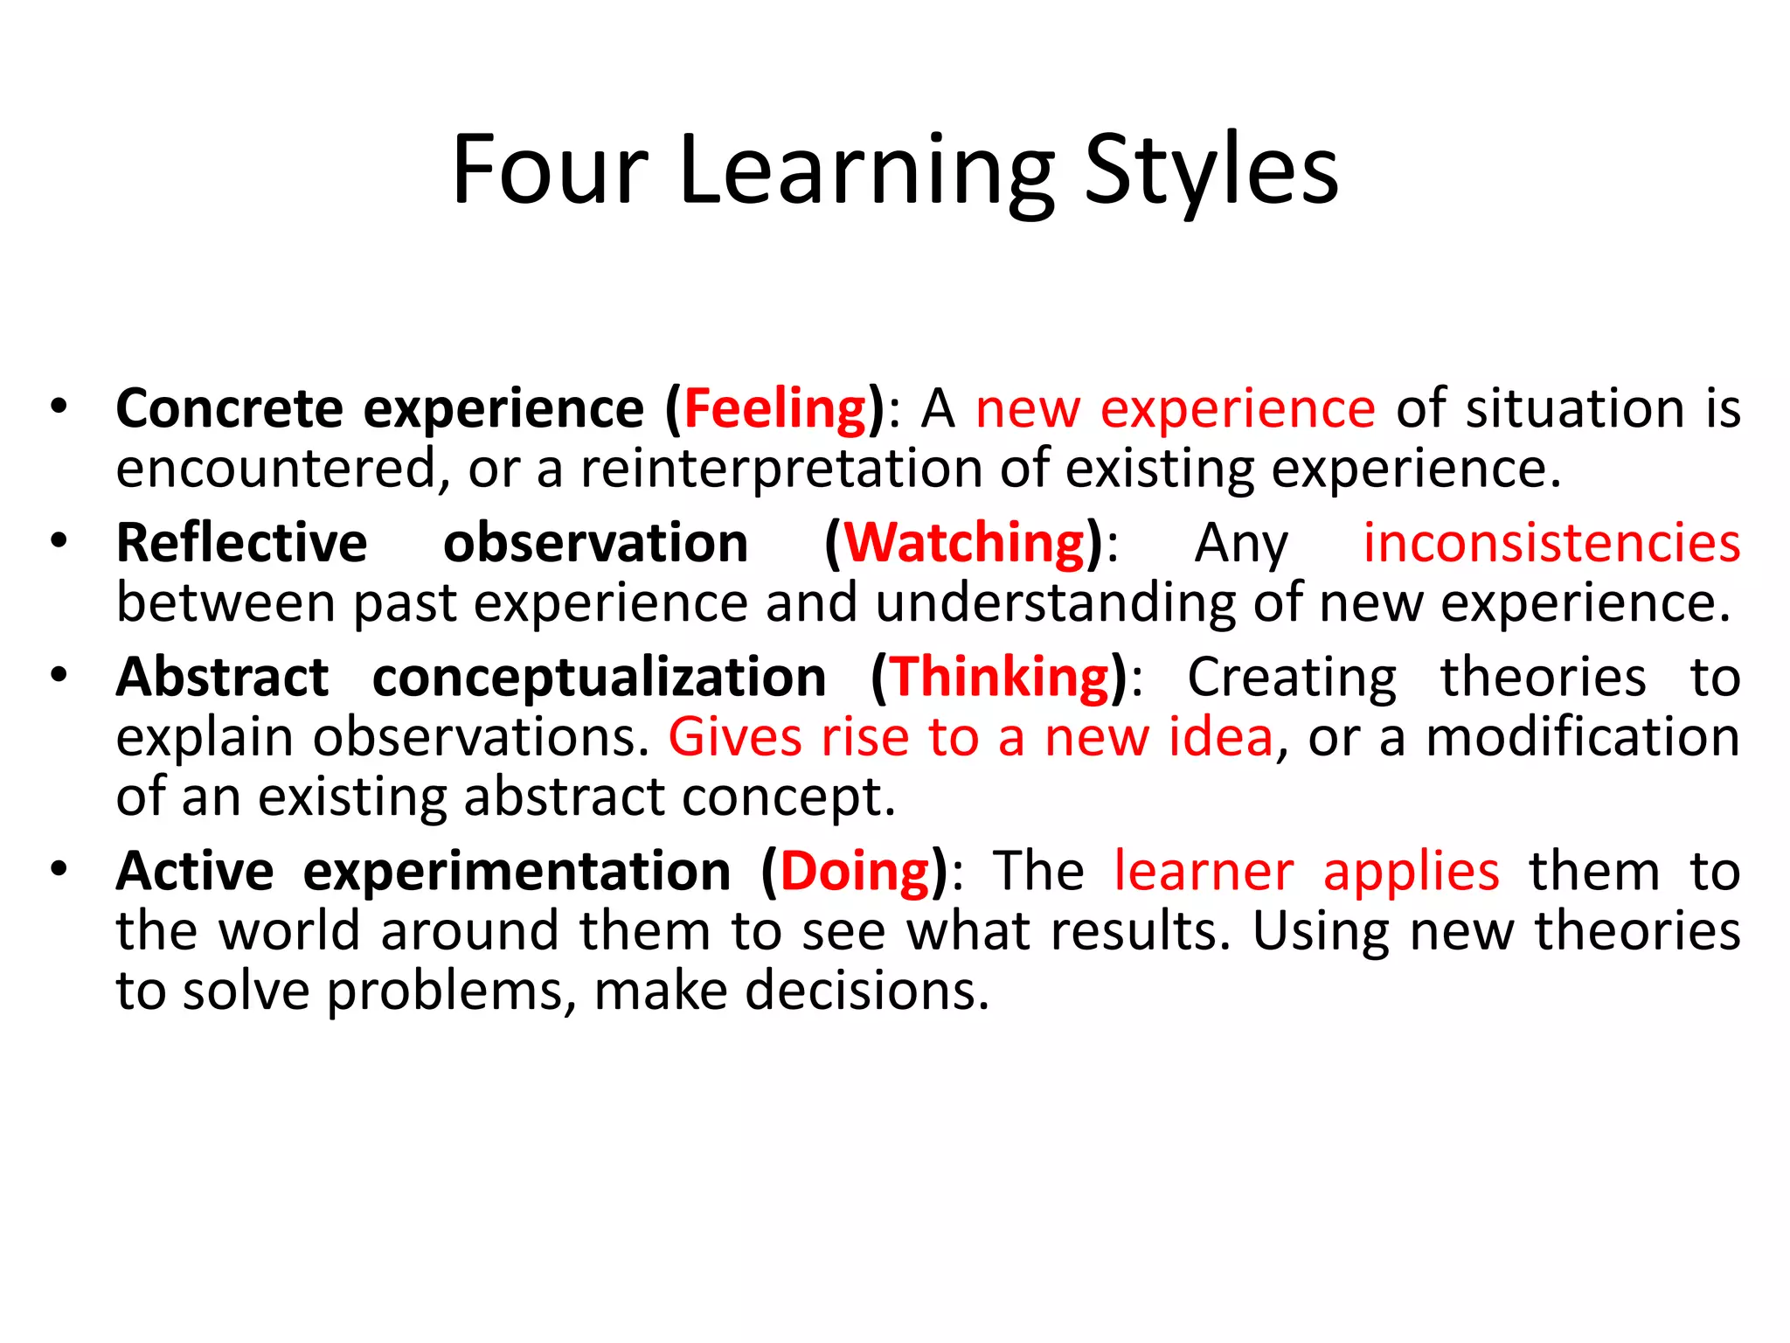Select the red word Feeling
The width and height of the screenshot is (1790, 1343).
[774, 409]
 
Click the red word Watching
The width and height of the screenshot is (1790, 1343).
[965, 544]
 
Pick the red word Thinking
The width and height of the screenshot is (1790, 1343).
[1000, 678]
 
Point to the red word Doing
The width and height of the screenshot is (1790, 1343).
[855, 872]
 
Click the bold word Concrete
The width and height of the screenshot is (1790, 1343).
[230, 409]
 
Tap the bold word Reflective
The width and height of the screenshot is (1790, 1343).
[242, 544]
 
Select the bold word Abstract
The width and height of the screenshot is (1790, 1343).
[223, 678]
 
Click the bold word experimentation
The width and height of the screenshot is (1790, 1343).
[517, 873]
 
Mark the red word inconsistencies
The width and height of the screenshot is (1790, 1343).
[1551, 544]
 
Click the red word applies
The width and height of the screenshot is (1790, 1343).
[1412, 873]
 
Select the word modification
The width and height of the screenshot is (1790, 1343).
[1583, 737]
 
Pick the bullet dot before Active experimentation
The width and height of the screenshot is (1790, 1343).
[59, 869]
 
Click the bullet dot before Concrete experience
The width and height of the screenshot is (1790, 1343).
[59, 407]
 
